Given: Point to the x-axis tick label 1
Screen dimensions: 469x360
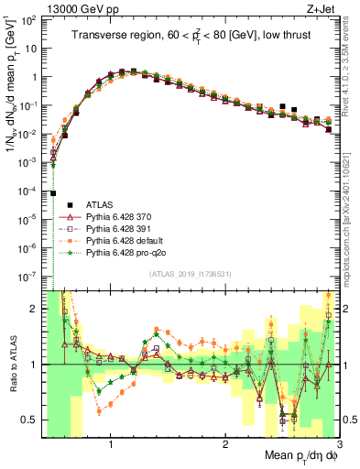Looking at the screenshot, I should point(111,442).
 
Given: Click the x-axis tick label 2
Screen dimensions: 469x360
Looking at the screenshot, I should point(225,442).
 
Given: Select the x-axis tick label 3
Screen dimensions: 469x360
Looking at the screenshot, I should point(338,442).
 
